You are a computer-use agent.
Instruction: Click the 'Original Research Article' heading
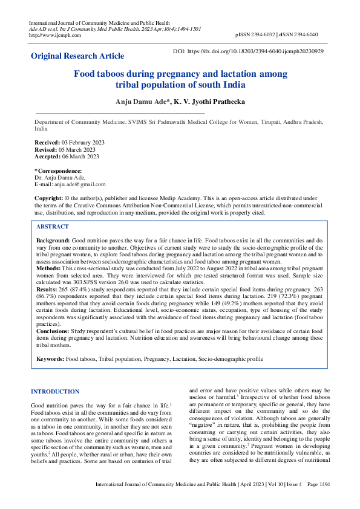pyautogui.click(x=77, y=56)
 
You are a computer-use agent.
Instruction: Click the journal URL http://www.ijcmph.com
pyautogui.click(x=55, y=34)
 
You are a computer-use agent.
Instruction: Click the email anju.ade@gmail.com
pyautogui.click(x=79, y=184)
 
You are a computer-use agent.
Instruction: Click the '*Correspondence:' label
pyautogui.click(x=58, y=171)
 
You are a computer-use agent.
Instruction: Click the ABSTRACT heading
pyautogui.click(x=53, y=226)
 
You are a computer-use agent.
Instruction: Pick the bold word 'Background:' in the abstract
pyautogui.click(x=53, y=240)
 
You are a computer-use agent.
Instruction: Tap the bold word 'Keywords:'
pyautogui.click(x=50, y=359)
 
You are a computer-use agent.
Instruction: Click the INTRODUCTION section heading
pyautogui.click(x=55, y=392)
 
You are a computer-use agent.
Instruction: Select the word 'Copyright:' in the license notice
pyautogui.click(x=49, y=198)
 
